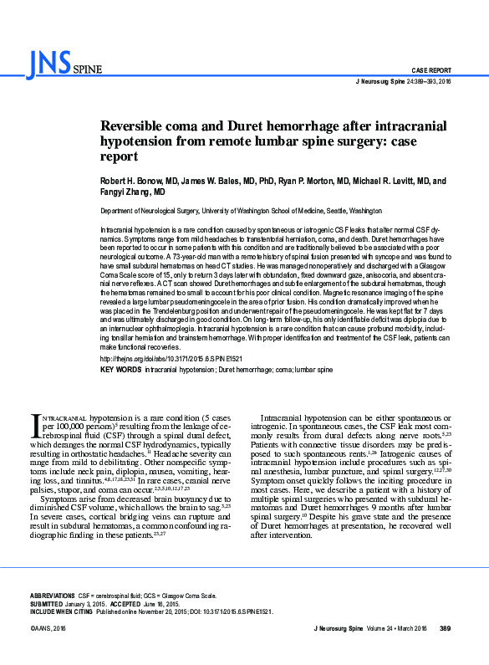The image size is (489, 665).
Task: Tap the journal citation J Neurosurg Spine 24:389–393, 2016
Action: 403,82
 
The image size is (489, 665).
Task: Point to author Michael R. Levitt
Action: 394,181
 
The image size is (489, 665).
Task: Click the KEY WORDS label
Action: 120,369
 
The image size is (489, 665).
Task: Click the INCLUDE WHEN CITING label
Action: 62,612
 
